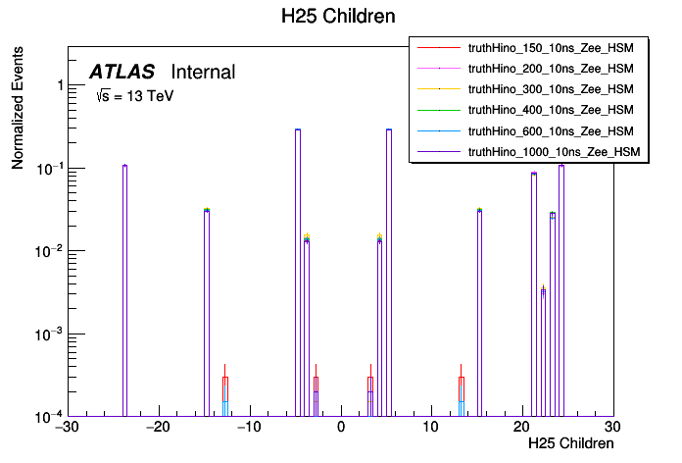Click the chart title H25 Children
(340, 17)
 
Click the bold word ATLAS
(122, 72)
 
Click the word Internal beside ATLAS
(203, 72)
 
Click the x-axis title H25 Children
(570, 443)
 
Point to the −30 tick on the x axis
(67, 428)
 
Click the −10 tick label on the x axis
(249, 428)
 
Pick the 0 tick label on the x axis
(340, 428)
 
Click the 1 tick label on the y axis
(60, 86)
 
